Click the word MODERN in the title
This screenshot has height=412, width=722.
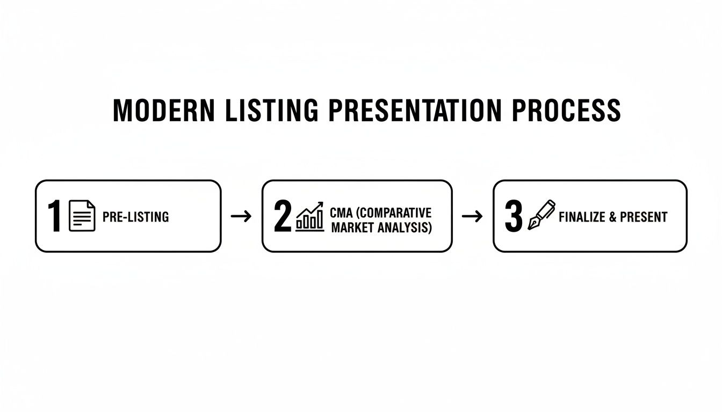(156, 111)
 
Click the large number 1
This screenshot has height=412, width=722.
(54, 217)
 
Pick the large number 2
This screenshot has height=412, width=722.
(283, 217)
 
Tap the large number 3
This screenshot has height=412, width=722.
(514, 217)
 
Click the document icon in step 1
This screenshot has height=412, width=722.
(82, 216)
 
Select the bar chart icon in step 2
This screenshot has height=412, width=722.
(310, 217)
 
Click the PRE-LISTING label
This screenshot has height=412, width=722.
(135, 217)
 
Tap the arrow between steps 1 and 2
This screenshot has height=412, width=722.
(241, 216)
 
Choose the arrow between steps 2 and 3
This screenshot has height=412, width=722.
(472, 216)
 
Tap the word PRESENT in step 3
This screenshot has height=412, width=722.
(644, 217)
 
